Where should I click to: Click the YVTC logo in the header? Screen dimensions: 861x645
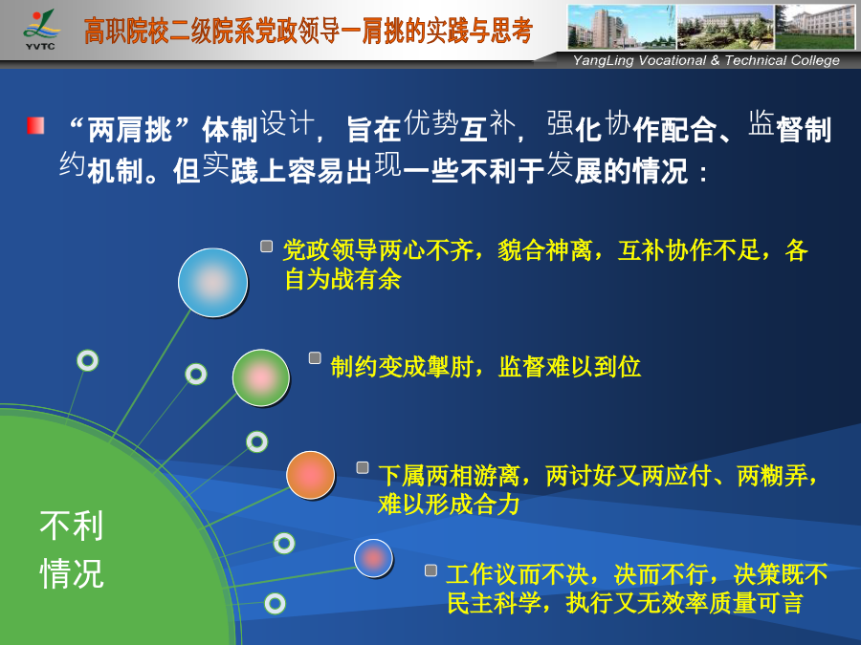click(x=40, y=30)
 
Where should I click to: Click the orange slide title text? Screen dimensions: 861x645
click(x=308, y=31)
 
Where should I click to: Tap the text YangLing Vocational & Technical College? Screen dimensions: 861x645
click(x=706, y=60)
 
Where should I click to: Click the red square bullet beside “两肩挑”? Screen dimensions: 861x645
click(x=35, y=125)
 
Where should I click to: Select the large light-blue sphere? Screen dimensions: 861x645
click(x=212, y=283)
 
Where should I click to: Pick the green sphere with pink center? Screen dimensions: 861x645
click(x=261, y=377)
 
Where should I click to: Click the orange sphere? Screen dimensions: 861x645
click(x=310, y=475)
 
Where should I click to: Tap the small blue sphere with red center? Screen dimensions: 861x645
click(x=373, y=558)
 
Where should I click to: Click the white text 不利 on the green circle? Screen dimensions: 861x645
click(x=72, y=525)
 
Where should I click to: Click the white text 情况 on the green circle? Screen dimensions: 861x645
click(x=72, y=573)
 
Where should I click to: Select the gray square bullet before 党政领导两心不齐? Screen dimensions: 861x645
click(x=266, y=246)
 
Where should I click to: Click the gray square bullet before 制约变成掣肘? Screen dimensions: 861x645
click(x=315, y=357)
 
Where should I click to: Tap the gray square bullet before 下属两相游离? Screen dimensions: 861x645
click(x=363, y=467)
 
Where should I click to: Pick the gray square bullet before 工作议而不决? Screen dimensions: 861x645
click(x=431, y=570)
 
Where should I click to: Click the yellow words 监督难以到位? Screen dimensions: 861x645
click(x=569, y=367)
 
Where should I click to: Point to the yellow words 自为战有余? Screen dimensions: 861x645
click(x=342, y=279)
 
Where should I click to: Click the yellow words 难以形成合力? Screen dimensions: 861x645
click(x=449, y=504)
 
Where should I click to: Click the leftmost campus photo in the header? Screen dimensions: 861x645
click(x=622, y=27)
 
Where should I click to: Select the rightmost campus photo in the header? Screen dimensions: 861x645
click(x=815, y=27)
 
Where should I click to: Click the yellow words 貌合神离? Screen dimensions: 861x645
click(x=544, y=250)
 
